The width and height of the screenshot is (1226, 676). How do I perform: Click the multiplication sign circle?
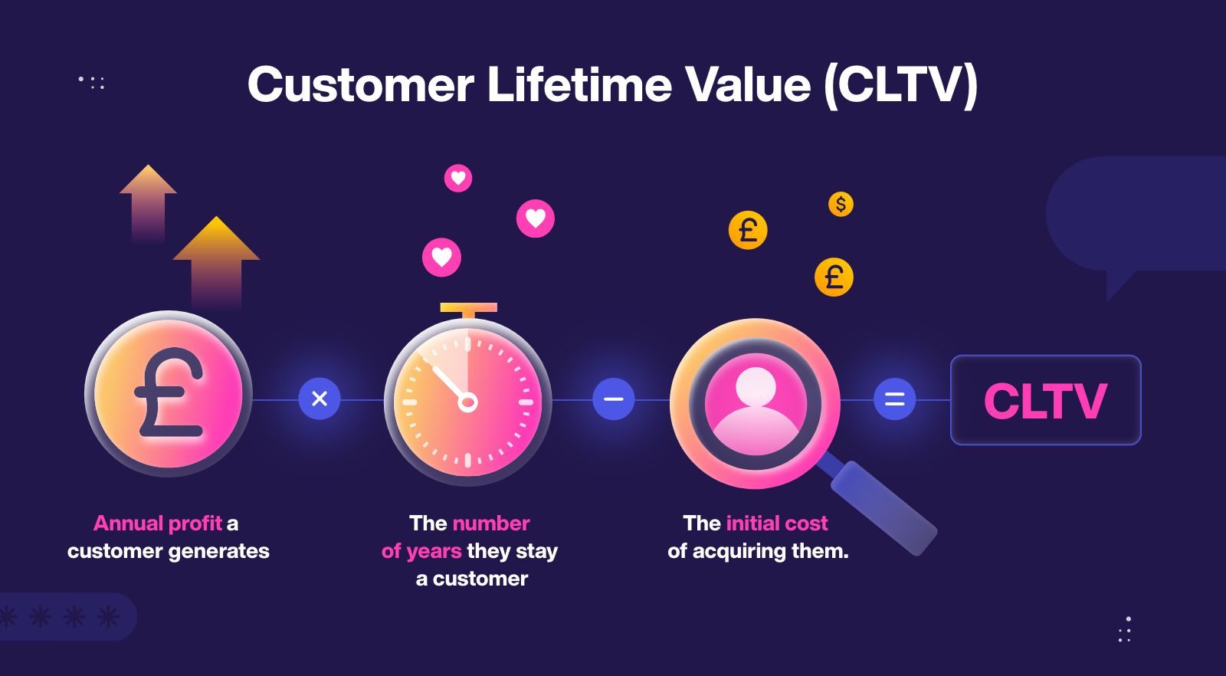(x=320, y=399)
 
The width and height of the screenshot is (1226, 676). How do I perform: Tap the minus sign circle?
(x=614, y=399)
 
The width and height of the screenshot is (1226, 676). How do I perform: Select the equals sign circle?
(x=895, y=399)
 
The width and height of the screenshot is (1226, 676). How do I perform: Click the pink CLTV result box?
(x=1045, y=400)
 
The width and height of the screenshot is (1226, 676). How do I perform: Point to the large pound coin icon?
(x=169, y=394)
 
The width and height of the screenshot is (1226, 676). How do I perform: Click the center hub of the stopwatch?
(x=467, y=402)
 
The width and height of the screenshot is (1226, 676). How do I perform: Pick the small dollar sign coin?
(x=841, y=204)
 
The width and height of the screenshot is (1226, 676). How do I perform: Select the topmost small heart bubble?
(x=458, y=179)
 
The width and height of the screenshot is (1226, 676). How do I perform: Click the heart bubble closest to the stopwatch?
(x=442, y=257)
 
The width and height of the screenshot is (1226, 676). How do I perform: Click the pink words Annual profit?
(x=158, y=523)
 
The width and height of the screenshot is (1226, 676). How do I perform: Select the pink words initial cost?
(x=777, y=523)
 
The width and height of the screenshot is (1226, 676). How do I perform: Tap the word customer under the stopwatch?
(x=480, y=579)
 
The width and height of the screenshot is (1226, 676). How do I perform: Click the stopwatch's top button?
(x=468, y=308)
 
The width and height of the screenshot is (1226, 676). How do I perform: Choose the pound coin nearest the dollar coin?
(x=834, y=277)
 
